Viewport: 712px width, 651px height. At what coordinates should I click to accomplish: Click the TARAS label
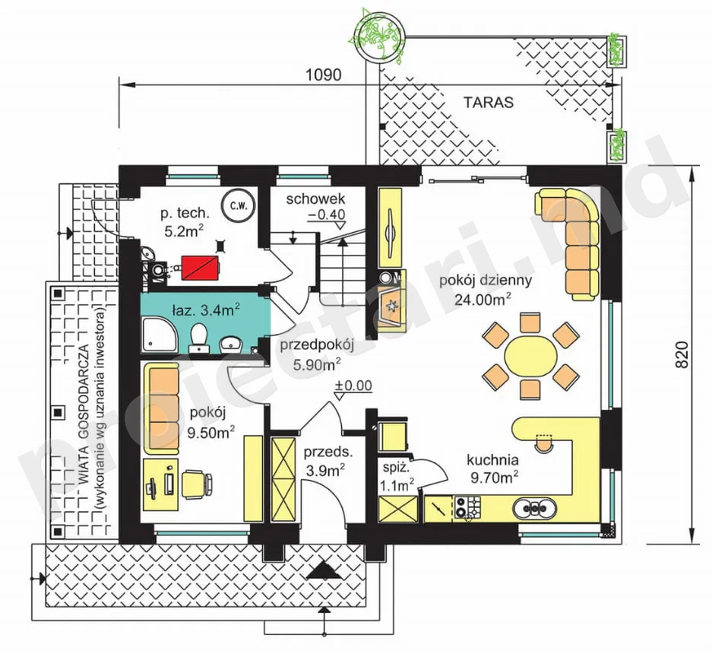tap(488, 102)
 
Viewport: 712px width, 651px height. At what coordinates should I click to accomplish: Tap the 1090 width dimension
tap(323, 75)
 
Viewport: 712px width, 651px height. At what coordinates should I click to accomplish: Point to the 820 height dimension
tap(682, 354)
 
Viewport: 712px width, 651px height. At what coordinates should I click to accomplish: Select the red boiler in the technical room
tap(200, 267)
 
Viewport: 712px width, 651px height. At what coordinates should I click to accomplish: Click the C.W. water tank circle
tap(239, 206)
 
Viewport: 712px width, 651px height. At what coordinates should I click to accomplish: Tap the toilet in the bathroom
tap(199, 338)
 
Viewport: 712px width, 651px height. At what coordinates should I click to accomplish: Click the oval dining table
tap(530, 355)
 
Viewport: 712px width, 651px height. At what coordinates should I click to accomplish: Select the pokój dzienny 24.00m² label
tap(485, 290)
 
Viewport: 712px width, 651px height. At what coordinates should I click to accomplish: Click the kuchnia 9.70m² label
tap(493, 468)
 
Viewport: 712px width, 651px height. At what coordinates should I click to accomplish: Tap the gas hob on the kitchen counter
tap(468, 507)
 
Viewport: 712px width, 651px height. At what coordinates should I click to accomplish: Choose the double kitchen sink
tap(534, 508)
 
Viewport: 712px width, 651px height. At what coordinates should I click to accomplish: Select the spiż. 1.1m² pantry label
tap(396, 478)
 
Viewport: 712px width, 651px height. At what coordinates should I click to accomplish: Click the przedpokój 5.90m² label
tap(317, 355)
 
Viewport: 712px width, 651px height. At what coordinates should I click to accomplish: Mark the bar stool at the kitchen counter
tap(544, 443)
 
